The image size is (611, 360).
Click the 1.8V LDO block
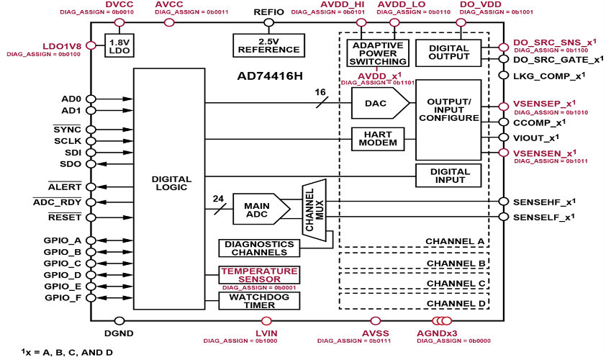click(x=119, y=45)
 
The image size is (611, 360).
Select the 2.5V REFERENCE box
click(x=268, y=45)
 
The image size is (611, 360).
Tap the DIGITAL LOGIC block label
click(x=171, y=184)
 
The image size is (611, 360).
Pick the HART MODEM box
click(x=378, y=139)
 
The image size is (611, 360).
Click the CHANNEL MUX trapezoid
click(x=314, y=210)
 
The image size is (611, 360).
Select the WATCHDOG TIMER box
click(x=259, y=301)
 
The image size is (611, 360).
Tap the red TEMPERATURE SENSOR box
click(x=259, y=275)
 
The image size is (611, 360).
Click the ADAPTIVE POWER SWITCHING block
click(x=378, y=53)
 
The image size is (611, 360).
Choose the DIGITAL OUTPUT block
click(x=448, y=53)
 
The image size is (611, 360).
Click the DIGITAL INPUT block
click(x=448, y=176)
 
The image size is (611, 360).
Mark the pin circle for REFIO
click(x=268, y=22)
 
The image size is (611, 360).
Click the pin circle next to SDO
click(x=91, y=164)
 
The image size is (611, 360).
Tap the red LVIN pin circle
click(x=266, y=321)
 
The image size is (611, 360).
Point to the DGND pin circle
click(x=119, y=321)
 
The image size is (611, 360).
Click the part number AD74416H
click(x=270, y=76)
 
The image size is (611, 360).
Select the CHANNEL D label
click(x=456, y=303)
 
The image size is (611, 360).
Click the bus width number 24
click(x=218, y=199)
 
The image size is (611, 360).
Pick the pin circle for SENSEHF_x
click(x=504, y=202)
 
